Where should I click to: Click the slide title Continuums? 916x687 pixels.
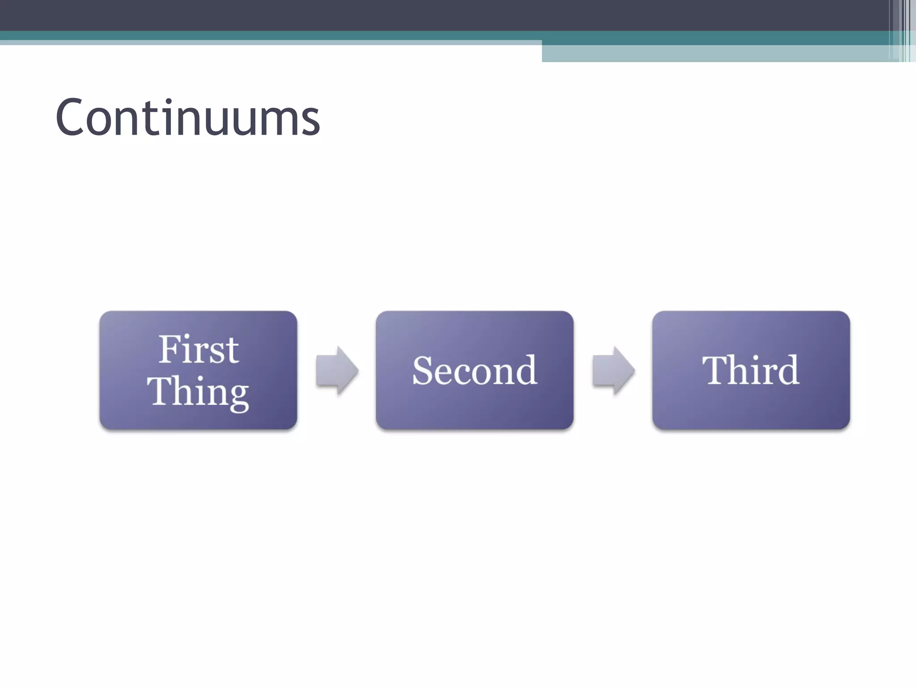point(188,117)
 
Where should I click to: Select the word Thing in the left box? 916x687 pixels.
point(198,391)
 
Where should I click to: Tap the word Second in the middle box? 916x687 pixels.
point(475,370)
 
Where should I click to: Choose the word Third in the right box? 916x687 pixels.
point(751,370)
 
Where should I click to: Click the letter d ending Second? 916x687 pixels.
point(526,370)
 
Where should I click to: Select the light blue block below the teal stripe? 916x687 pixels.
point(716,54)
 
